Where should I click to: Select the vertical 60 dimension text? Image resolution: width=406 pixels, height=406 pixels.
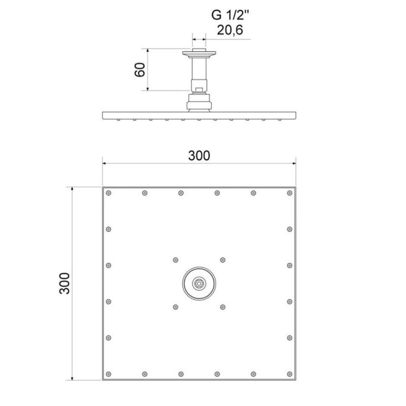pos(141,70)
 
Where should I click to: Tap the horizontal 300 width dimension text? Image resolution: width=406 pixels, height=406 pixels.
pos(199,156)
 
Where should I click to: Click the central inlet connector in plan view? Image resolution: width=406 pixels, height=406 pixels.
pos(199,283)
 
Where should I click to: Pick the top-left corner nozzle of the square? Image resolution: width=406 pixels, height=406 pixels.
pos(109,193)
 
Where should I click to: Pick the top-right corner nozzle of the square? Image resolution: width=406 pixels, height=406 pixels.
pos(290,193)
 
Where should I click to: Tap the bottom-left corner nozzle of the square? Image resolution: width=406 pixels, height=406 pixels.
pos(109,374)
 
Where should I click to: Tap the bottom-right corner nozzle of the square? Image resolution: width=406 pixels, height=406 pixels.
pos(290,374)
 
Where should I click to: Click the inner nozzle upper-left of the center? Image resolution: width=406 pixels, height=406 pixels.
pos(176,260)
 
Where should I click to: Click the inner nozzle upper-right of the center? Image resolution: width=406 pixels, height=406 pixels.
pos(222,260)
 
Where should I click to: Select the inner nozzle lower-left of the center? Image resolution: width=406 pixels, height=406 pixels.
pos(176,307)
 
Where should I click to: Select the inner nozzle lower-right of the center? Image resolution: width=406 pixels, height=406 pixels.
pos(222,307)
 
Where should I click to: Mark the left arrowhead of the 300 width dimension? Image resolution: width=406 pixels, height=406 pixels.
pos(105,164)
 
